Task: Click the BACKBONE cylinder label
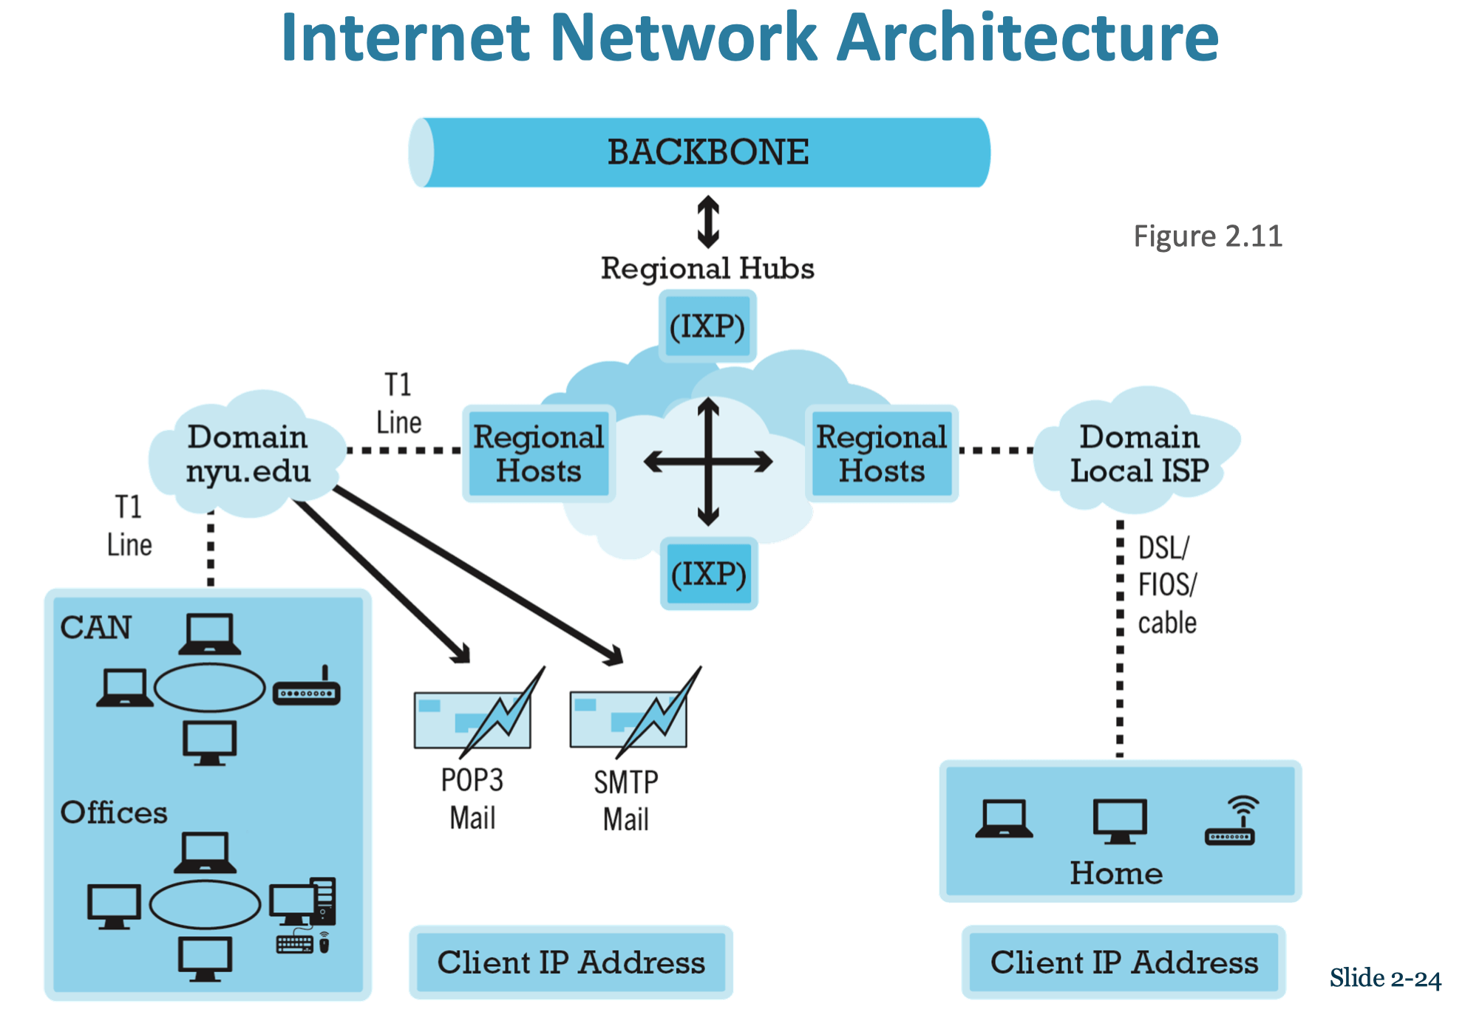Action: [x=708, y=152]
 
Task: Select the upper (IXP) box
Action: [x=707, y=326]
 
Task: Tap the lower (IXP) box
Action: [x=709, y=573]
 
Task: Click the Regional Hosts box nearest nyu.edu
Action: [x=539, y=454]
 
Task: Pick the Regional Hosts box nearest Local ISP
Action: [x=882, y=454]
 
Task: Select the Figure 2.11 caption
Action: [x=1208, y=236]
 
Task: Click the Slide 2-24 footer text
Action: [x=1385, y=978]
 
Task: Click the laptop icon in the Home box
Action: [x=1004, y=819]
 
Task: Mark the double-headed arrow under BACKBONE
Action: [x=708, y=222]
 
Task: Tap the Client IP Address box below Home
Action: [x=1124, y=962]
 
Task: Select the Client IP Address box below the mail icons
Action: [x=571, y=962]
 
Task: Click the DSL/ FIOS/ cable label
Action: [x=1167, y=585]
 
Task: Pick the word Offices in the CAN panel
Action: [x=114, y=813]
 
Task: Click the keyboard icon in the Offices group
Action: [x=295, y=943]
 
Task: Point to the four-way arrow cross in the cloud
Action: [x=708, y=462]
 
